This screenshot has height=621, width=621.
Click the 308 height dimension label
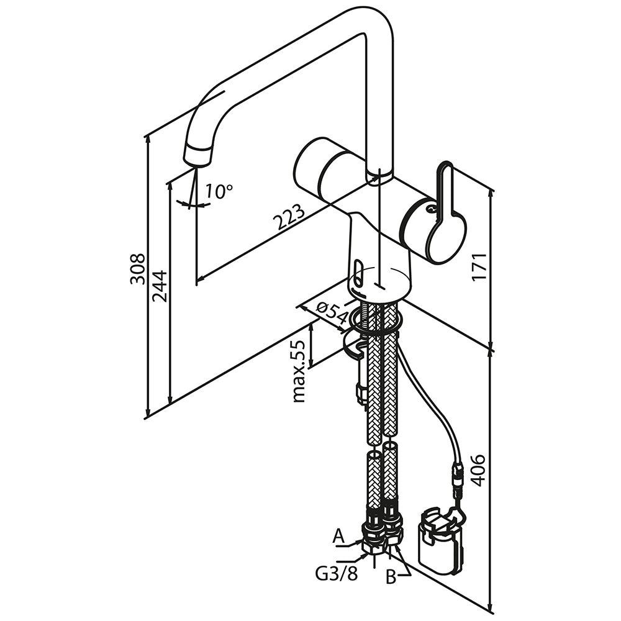point(137,268)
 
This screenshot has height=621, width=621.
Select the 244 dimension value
point(158,286)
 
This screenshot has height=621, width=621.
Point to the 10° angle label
point(218,191)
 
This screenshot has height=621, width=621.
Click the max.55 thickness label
point(299,371)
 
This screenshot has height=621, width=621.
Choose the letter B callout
point(391,577)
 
